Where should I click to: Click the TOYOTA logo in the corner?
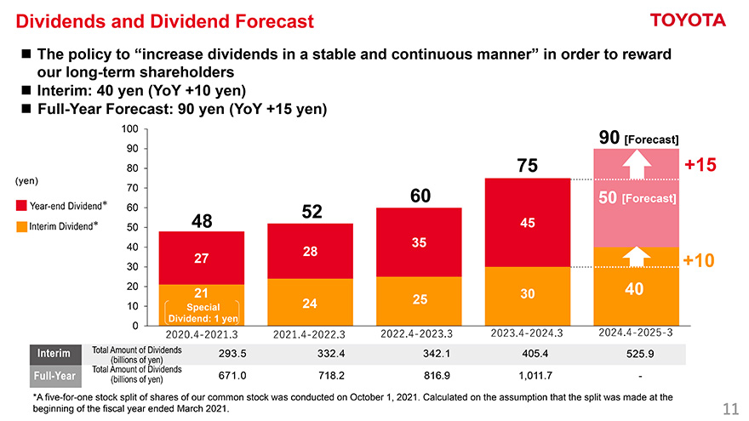click(x=687, y=20)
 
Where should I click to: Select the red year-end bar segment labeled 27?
click(x=201, y=258)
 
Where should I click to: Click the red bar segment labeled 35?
click(x=419, y=242)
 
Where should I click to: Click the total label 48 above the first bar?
click(x=202, y=221)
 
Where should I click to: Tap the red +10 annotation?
click(x=699, y=260)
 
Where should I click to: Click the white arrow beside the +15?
click(x=633, y=165)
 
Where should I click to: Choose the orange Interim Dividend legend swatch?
click(x=22, y=228)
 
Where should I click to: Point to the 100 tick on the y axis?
click(x=129, y=129)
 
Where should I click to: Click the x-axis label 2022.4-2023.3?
click(x=419, y=333)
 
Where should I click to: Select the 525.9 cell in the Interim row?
click(x=638, y=354)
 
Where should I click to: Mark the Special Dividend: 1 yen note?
click(x=202, y=312)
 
